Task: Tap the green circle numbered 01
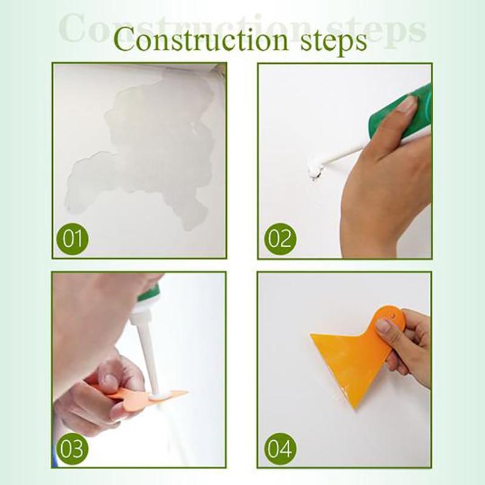point(73,238)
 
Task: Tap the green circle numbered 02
point(280,238)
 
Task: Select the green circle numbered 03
point(73,449)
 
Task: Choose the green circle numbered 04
point(280,449)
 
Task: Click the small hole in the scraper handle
point(393,315)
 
